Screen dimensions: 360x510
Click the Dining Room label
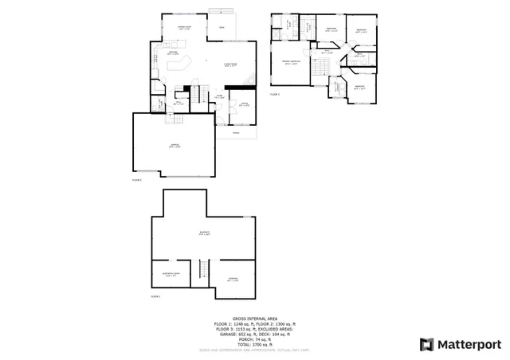[183, 28]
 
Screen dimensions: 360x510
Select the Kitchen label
[172, 53]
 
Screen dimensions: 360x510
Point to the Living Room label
[232, 65]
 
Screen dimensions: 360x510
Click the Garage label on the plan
[175, 146]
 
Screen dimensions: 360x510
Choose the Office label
[245, 104]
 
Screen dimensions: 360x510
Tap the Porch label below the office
[235, 133]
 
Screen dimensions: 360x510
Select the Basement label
[205, 233]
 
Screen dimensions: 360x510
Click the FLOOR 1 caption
[155, 296]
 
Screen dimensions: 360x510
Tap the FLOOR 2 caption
[135, 181]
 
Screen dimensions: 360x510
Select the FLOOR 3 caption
[275, 95]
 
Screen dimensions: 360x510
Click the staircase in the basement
[202, 273]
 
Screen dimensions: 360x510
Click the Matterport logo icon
[426, 344]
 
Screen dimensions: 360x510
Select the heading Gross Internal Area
[254, 317]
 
